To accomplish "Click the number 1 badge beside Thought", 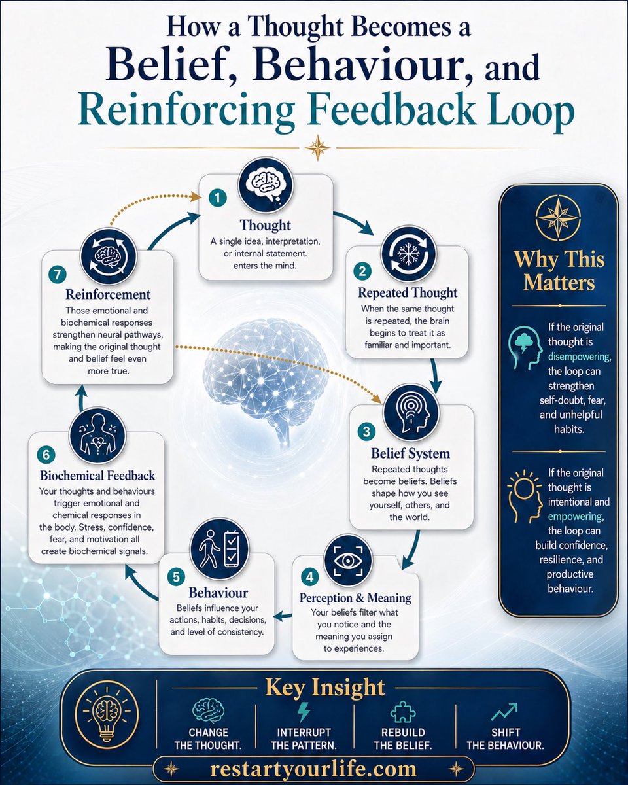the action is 217,198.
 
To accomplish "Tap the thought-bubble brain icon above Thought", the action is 266,185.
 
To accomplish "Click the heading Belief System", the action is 411,453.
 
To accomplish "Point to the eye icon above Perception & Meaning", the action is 348,561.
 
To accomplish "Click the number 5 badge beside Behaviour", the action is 176,577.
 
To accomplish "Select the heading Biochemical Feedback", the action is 97,476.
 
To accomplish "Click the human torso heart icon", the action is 97,436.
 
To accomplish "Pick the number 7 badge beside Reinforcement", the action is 58,274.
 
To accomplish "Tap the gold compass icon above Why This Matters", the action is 558,217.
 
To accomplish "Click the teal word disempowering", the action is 580,357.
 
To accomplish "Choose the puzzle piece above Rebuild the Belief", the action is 403,712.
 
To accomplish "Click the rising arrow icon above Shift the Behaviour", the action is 504,712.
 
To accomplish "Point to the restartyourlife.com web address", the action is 313,769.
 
